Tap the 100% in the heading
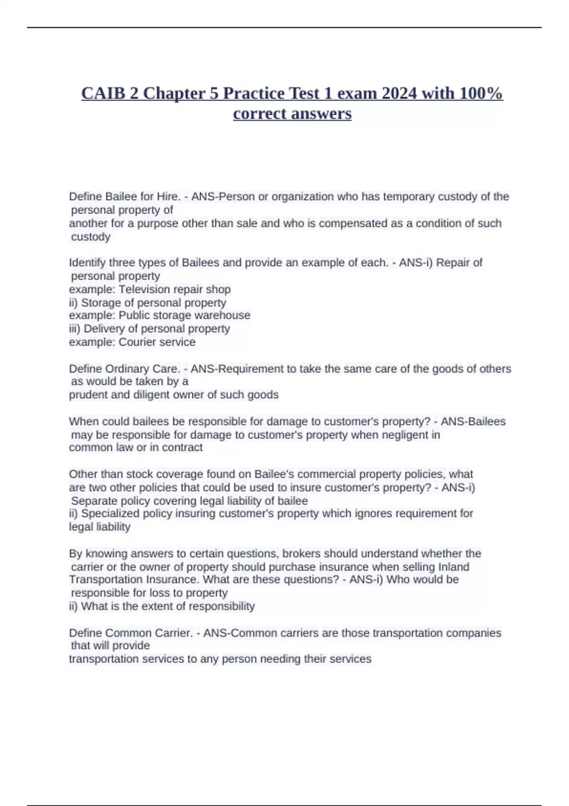pyautogui.click(x=481, y=93)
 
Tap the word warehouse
pyautogui.click(x=224, y=315)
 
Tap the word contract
pyautogui.click(x=182, y=448)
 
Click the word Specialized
pyautogui.click(x=111, y=513)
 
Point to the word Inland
pyautogui.click(x=454, y=567)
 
